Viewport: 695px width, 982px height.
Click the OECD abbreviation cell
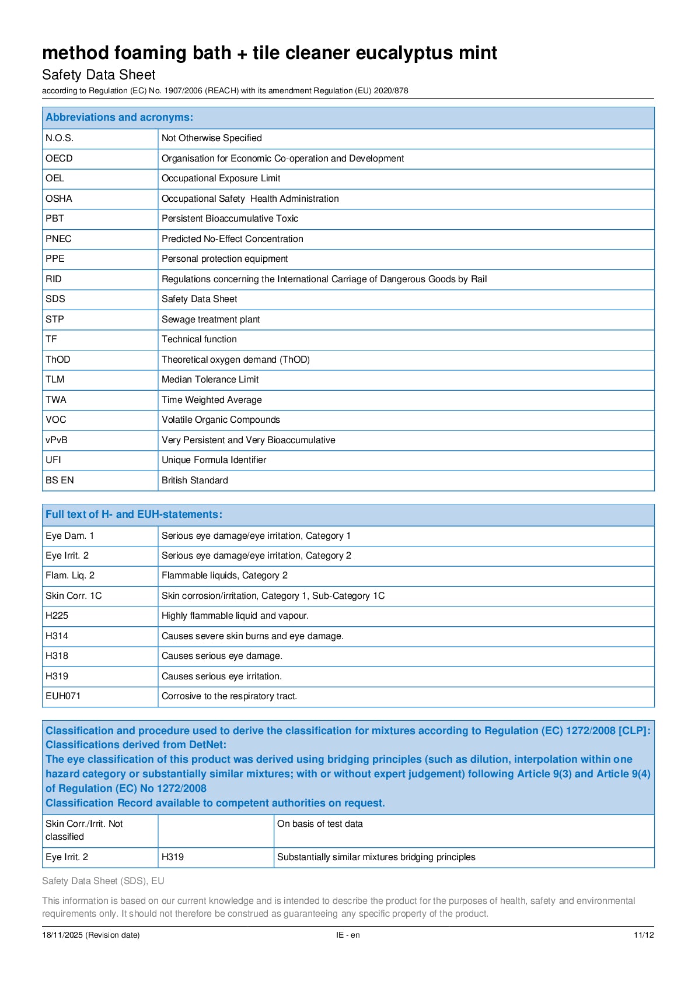point(59,159)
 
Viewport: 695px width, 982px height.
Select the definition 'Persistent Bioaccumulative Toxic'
point(229,219)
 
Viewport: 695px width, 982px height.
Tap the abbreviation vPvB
point(57,440)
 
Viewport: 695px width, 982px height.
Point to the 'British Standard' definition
point(194,481)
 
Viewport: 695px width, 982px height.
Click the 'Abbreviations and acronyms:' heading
point(119,117)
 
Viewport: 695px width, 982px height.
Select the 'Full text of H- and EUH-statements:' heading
point(134,514)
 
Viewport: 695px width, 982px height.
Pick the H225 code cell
point(57,616)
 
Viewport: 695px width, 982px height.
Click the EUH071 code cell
point(63,696)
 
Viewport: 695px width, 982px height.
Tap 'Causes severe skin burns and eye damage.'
point(252,636)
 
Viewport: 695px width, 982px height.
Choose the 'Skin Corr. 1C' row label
point(74,596)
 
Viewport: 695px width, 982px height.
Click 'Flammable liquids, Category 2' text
point(224,576)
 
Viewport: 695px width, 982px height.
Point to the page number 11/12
point(643,935)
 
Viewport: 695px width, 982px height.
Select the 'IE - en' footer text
point(348,935)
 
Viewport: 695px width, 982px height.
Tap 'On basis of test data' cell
point(320,824)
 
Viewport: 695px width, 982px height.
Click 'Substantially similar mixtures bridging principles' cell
point(376,857)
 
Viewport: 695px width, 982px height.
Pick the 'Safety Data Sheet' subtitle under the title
point(99,75)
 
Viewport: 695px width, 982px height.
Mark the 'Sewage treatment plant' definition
point(210,320)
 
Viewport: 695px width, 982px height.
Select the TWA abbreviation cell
point(56,400)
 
